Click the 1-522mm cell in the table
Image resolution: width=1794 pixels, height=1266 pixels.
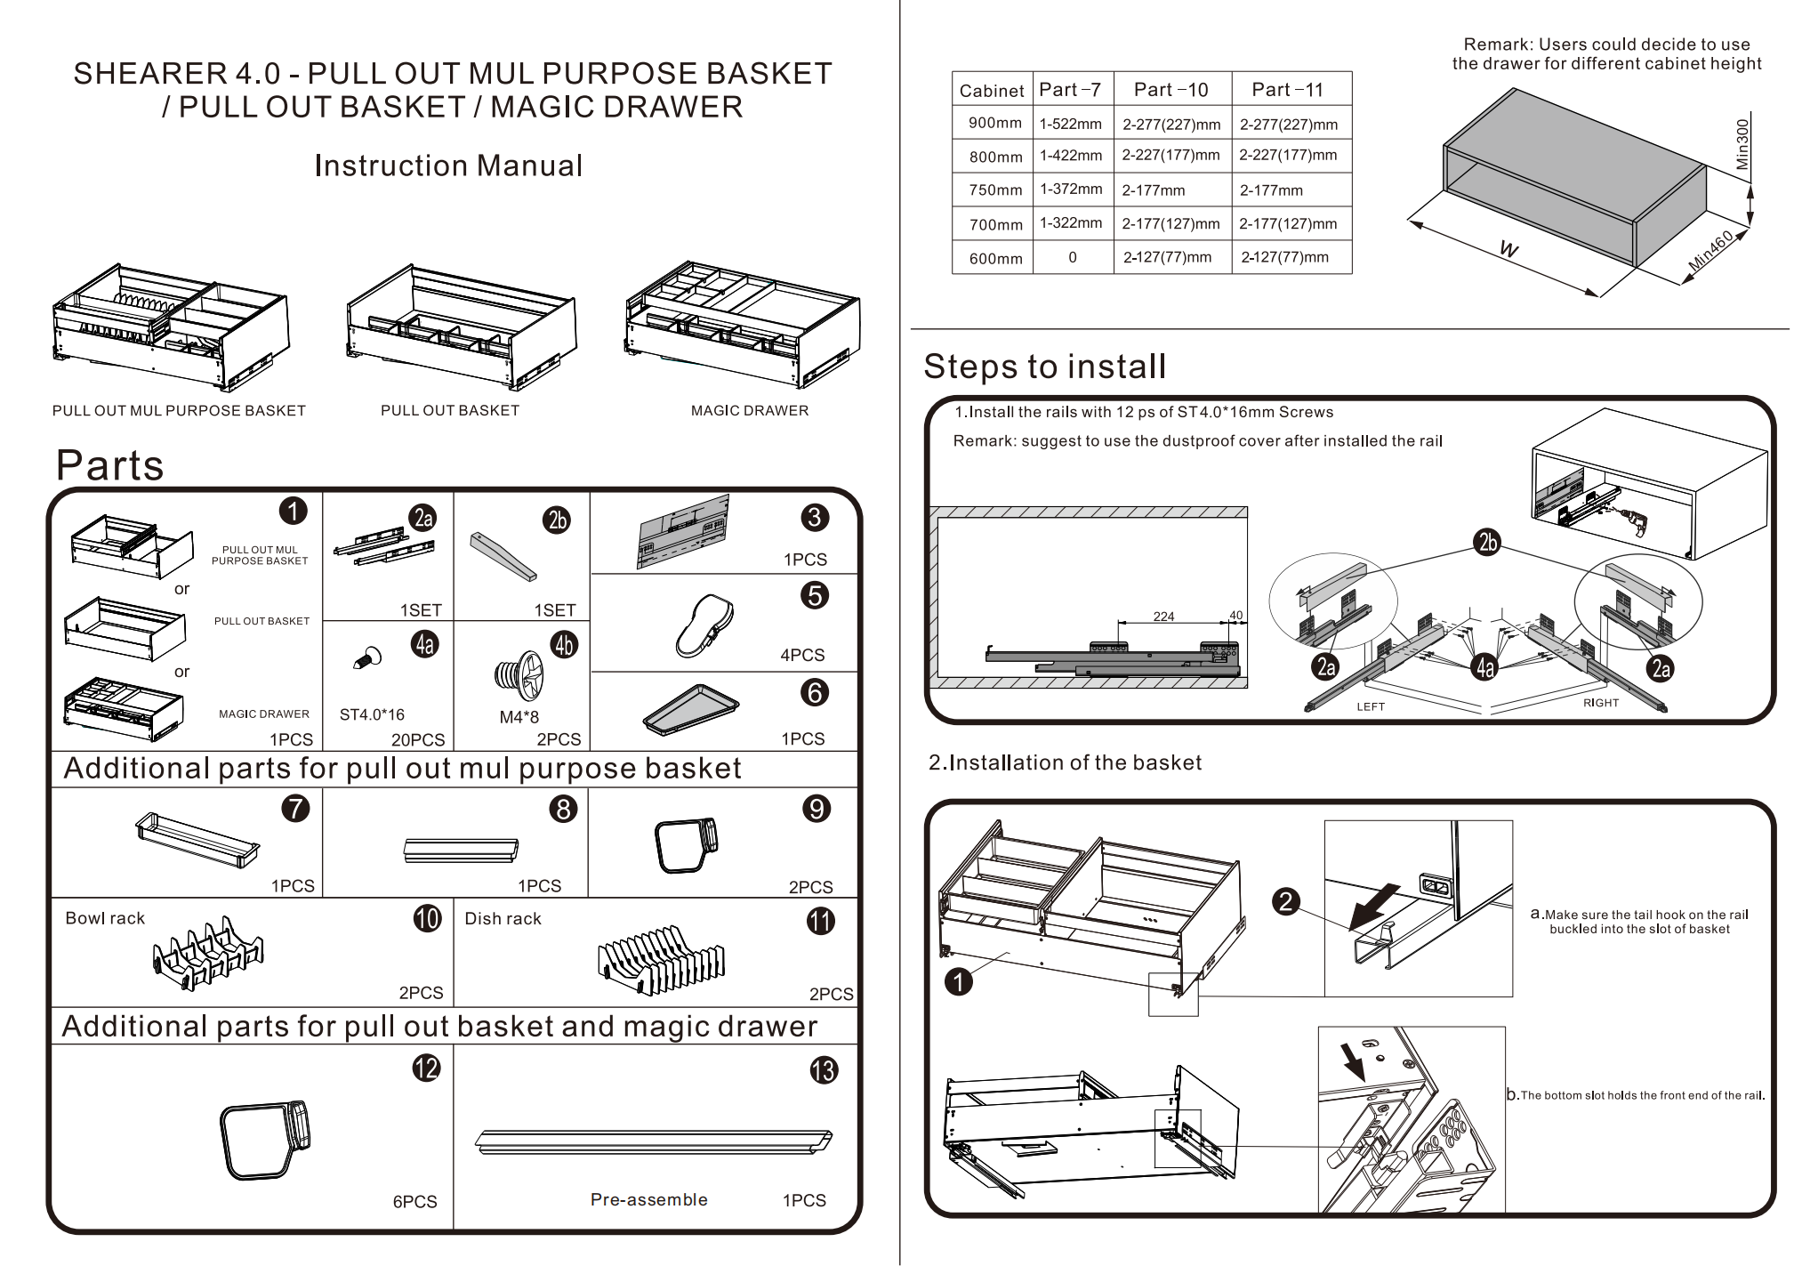(1071, 124)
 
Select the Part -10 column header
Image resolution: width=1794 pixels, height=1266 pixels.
(1171, 90)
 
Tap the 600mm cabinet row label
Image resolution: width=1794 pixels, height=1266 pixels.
(995, 258)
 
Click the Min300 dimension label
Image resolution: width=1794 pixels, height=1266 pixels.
(1742, 144)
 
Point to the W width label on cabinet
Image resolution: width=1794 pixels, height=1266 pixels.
(1508, 248)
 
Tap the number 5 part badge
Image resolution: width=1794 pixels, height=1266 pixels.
(814, 595)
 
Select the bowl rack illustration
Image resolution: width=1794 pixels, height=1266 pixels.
(207, 953)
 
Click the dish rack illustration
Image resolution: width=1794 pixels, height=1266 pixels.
(662, 961)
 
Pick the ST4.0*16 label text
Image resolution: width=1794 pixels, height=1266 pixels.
(372, 714)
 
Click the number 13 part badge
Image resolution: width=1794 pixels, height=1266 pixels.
(823, 1069)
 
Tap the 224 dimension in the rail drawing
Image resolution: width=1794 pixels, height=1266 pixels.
(1163, 617)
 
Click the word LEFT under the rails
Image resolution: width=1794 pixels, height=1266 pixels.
(1370, 706)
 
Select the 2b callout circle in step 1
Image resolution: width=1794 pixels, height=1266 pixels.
(1487, 542)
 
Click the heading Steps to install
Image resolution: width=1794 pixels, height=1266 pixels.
(1044, 367)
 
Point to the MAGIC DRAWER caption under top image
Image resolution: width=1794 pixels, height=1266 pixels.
(749, 410)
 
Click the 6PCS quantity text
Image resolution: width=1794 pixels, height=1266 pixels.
(414, 1201)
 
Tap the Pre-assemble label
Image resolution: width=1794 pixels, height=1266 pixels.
(648, 1199)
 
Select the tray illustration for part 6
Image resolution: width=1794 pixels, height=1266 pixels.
(691, 709)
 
